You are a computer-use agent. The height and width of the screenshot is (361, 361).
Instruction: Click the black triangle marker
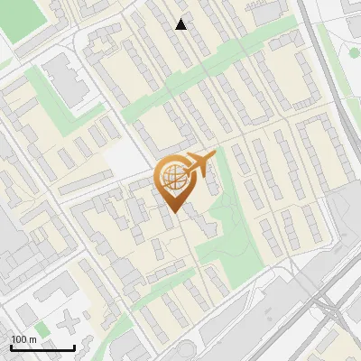[x=181, y=24]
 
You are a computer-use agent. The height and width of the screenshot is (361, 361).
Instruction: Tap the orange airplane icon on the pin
[x=198, y=163]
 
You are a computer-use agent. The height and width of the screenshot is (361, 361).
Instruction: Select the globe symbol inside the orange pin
[x=171, y=177]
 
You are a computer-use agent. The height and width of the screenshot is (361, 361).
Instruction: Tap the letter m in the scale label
[x=33, y=339]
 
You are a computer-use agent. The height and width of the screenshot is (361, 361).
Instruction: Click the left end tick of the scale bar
[x=11, y=347]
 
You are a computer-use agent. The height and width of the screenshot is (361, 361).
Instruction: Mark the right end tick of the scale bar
[x=74, y=347]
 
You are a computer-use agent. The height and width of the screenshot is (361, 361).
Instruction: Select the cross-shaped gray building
[x=72, y=319]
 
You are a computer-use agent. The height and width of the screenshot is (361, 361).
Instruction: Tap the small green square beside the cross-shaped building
[x=42, y=329]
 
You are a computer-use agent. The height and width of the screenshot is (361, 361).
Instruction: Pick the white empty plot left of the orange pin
[x=126, y=162]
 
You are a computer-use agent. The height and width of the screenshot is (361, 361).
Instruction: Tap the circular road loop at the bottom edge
[x=185, y=352]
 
